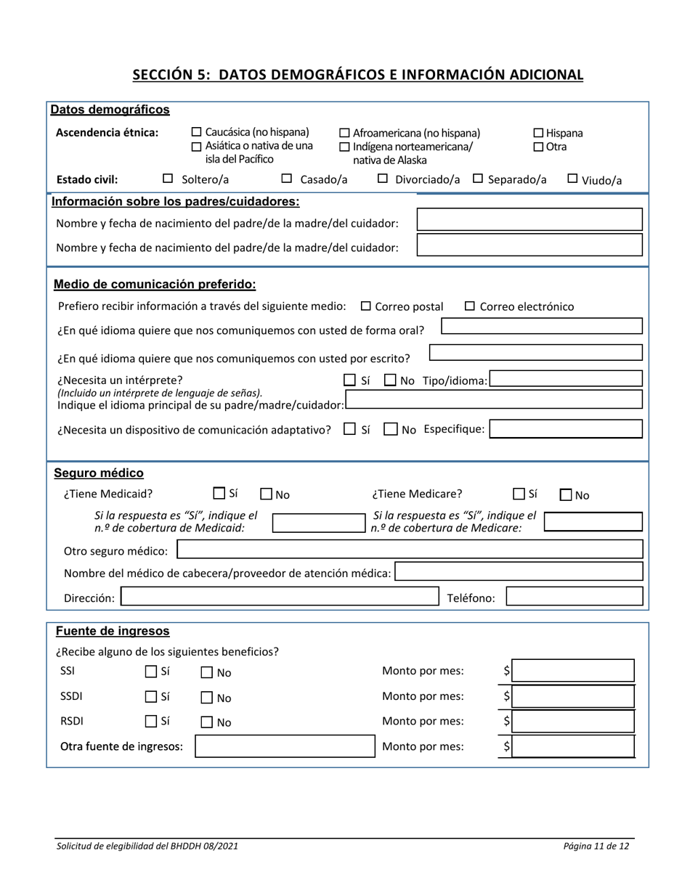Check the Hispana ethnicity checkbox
pyautogui.click(x=539, y=134)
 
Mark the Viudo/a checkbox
pyautogui.click(x=572, y=179)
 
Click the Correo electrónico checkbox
pyautogui.click(x=470, y=306)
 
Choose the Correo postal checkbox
pyautogui.click(x=366, y=306)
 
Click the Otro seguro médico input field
pyautogui.click(x=410, y=549)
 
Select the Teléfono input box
pyautogui.click(x=574, y=598)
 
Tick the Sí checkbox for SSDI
pyautogui.click(x=150, y=697)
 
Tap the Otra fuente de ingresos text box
pyautogui.click(x=283, y=746)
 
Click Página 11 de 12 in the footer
pyautogui.click(x=595, y=847)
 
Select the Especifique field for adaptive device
pyautogui.click(x=566, y=428)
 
